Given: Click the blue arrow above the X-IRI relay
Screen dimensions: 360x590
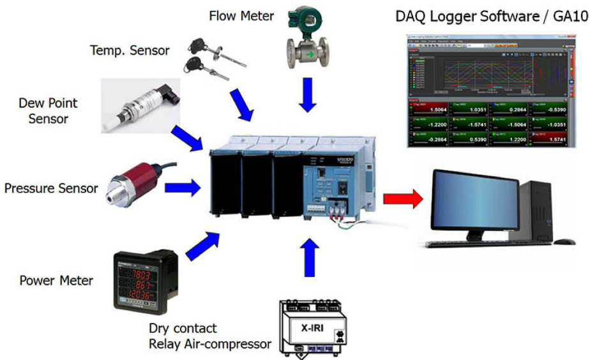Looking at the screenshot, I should point(308,257).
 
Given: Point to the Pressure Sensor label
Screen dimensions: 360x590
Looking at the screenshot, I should point(51,188).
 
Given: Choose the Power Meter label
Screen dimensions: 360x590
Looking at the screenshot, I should point(56,280).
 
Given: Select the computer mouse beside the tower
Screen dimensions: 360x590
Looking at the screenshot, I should point(563,242).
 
